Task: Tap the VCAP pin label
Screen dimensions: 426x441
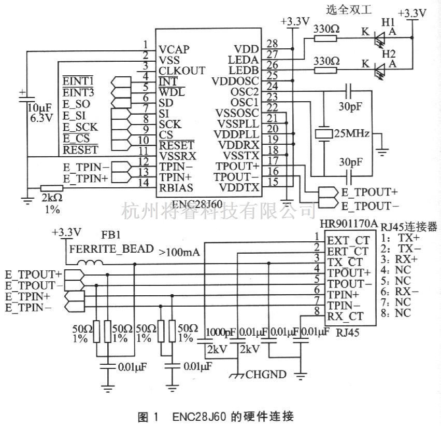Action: (x=174, y=49)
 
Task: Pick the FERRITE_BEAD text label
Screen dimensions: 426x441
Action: (x=111, y=249)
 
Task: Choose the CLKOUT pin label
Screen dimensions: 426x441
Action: (x=182, y=70)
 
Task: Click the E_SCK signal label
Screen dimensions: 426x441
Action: (x=80, y=127)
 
